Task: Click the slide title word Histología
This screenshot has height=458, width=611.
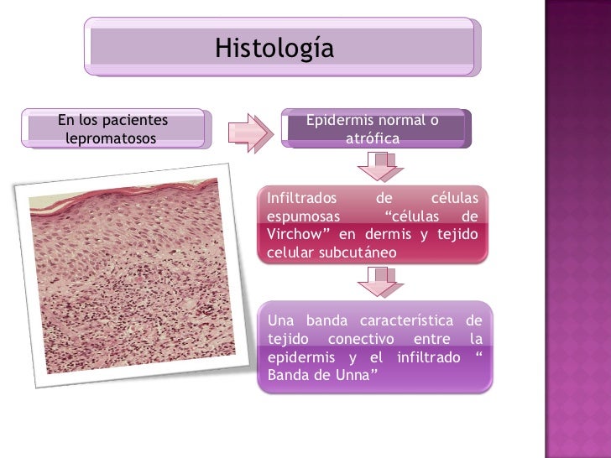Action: pos(274,48)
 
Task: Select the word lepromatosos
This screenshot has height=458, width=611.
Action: pos(110,138)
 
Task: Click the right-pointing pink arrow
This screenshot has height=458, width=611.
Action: pos(252,132)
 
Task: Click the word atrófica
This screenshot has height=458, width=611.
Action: pos(373,138)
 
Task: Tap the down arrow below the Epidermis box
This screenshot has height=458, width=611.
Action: pos(385,165)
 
